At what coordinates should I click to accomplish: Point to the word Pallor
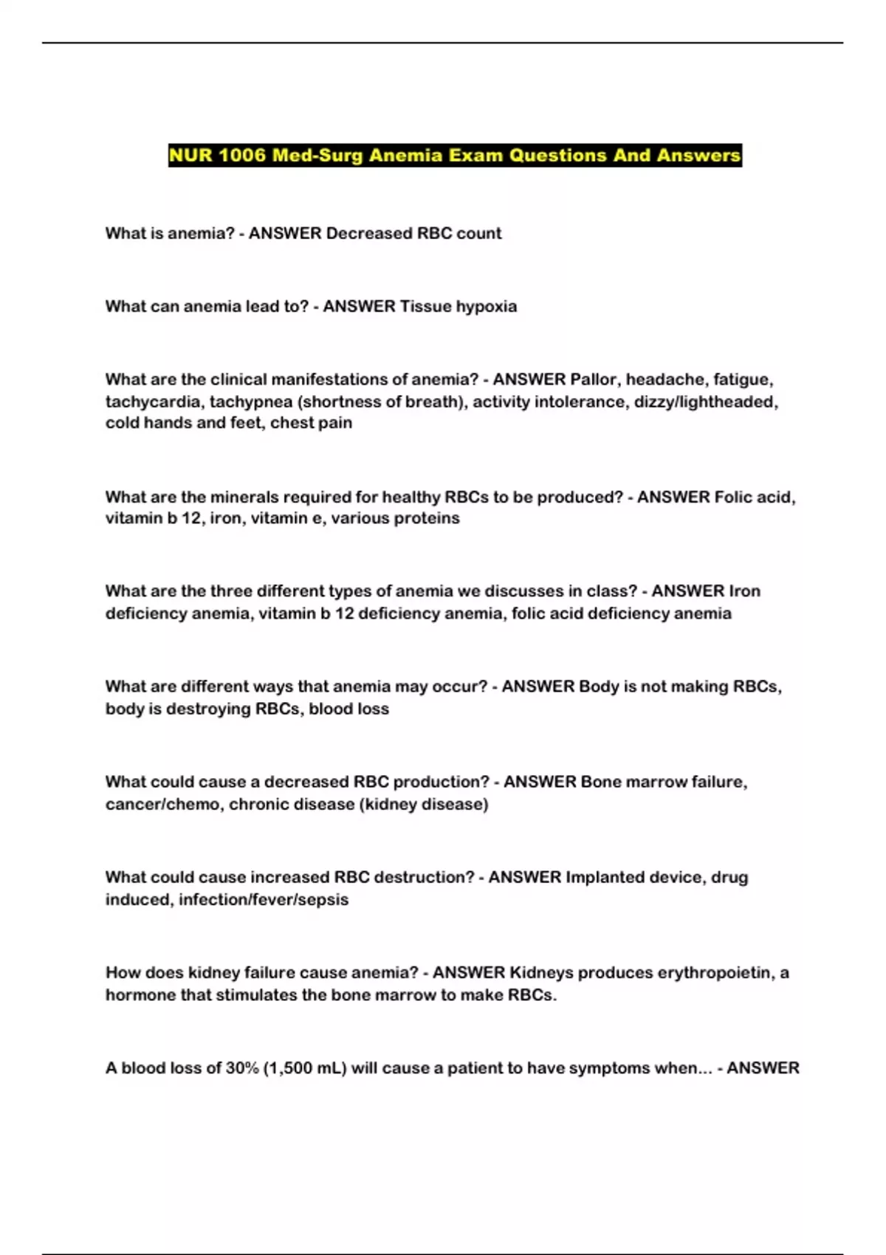pos(594,379)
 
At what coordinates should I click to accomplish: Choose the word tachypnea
pos(250,402)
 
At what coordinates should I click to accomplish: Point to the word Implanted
pos(604,877)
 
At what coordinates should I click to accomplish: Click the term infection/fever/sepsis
pos(264,899)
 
